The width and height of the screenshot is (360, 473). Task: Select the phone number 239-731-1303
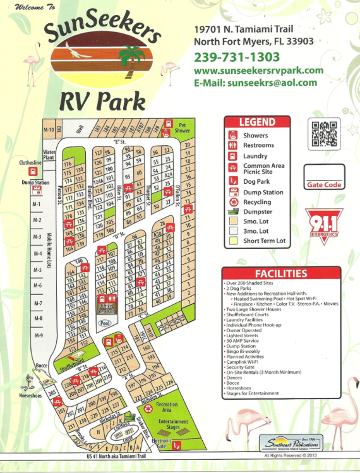tap(237, 57)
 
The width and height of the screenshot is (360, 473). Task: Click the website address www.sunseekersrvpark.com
tap(258, 71)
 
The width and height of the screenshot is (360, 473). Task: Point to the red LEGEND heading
tap(256, 122)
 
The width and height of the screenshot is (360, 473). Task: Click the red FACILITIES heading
tap(281, 273)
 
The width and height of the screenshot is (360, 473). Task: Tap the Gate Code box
tap(324, 177)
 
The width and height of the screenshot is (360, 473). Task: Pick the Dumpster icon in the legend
tap(233, 212)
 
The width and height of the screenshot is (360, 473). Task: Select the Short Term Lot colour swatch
tap(233, 241)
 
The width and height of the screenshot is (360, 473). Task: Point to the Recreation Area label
tap(166, 407)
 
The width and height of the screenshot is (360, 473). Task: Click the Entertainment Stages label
tap(173, 425)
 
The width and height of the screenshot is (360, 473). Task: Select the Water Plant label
tap(49, 155)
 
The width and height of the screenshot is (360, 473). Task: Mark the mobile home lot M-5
tap(37, 270)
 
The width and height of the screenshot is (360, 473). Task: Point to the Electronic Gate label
tap(161, 443)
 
